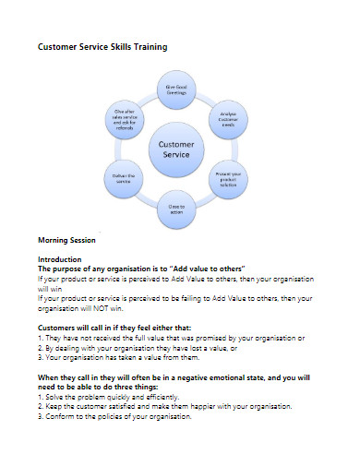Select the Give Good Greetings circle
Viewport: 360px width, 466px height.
coord(176,90)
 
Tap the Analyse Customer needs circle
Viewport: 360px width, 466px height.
coord(229,120)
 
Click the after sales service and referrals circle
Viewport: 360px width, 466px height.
coord(125,120)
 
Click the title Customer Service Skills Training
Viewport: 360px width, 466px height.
coord(102,46)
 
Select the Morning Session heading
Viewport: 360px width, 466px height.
coord(67,240)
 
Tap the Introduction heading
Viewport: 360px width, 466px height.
coord(59,259)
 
